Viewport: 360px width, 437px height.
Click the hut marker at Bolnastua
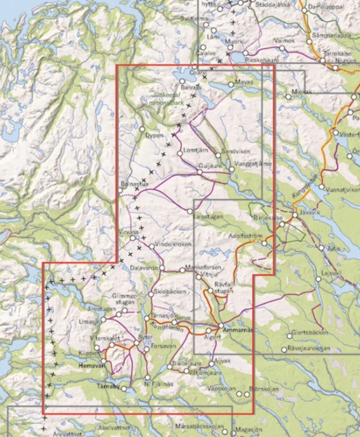click(x=120, y=190)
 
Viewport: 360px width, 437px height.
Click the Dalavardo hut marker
click(x=162, y=268)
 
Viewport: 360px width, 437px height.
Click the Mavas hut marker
click(x=231, y=84)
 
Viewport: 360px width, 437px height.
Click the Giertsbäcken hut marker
click(x=290, y=336)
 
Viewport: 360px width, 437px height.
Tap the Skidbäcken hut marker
click(x=151, y=294)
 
